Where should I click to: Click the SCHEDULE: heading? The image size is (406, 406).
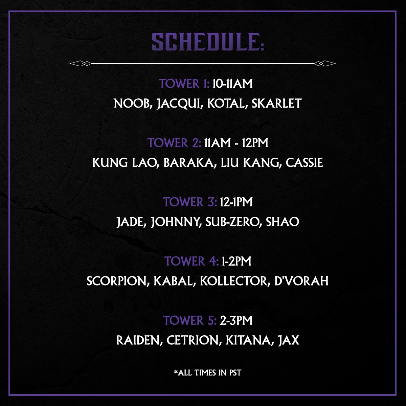click(208, 42)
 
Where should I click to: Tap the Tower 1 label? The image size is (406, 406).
click(184, 84)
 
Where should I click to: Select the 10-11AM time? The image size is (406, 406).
click(232, 84)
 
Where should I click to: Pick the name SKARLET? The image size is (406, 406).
click(277, 104)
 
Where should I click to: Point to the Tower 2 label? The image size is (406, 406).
click(174, 143)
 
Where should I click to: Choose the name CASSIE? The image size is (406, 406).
click(304, 163)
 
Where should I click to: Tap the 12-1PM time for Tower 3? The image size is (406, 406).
click(236, 202)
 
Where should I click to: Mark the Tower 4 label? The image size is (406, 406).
click(191, 261)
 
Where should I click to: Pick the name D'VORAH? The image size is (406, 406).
click(301, 281)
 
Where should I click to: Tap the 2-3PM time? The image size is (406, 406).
click(236, 320)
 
